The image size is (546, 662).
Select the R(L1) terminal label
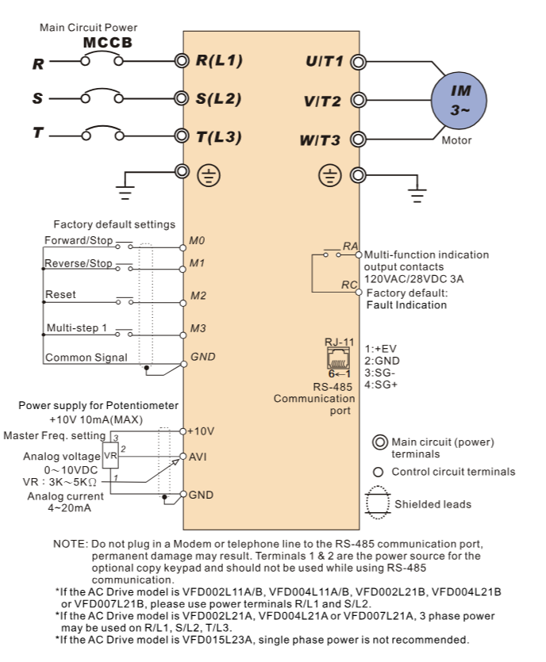click(219, 60)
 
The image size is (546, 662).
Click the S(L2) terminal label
click(219, 99)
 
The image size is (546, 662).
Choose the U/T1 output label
click(324, 61)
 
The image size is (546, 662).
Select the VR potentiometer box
click(110, 457)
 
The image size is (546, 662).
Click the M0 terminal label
click(198, 239)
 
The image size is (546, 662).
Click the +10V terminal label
click(202, 431)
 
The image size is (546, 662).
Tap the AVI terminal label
click(198, 457)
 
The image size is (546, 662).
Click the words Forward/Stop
click(79, 239)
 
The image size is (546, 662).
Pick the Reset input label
click(61, 294)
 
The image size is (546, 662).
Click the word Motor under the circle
click(456, 140)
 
